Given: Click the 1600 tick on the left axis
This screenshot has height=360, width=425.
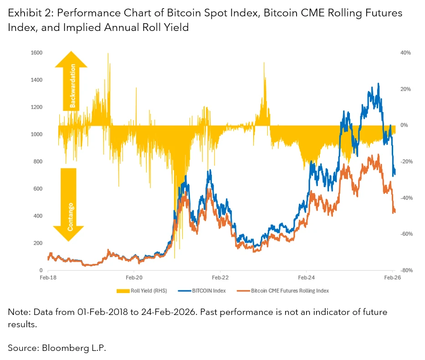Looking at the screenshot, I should click(x=36, y=53).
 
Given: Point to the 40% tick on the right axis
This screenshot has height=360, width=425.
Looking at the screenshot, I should click(x=405, y=53).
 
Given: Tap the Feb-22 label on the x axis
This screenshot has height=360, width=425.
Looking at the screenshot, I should click(x=220, y=277).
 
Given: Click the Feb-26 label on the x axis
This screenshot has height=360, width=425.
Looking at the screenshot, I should click(x=393, y=277).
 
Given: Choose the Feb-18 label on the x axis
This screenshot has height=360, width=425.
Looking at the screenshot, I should click(x=47, y=277).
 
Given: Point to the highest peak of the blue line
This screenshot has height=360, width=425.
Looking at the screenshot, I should click(x=379, y=84).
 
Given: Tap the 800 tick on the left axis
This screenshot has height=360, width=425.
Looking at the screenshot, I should click(x=38, y=162).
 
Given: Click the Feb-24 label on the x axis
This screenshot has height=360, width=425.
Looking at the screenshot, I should click(x=307, y=277).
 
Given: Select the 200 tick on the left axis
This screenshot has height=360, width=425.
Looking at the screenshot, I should click(x=38, y=243).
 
